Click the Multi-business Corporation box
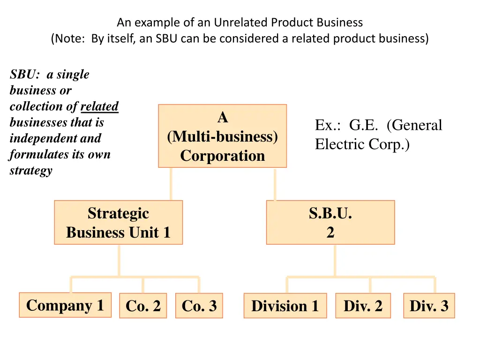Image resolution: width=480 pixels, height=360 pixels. [222, 136]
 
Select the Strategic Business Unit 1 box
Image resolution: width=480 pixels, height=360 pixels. [118, 223]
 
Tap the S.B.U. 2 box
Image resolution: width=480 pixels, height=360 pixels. [330, 223]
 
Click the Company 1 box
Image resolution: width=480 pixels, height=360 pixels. [65, 305]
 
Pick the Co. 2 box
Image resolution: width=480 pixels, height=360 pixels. [143, 306]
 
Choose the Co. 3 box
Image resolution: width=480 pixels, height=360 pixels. [199, 306]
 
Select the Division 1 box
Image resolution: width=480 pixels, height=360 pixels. [285, 306]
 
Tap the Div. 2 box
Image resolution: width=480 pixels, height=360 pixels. [363, 306]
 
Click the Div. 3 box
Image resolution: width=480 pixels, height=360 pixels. [429, 306]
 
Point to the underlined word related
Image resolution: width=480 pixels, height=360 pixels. [99, 106]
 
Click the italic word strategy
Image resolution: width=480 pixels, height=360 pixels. [31, 170]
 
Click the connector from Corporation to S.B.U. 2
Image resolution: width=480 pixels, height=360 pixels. [275, 184]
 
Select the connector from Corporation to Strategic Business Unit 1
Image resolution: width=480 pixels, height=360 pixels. [171, 184]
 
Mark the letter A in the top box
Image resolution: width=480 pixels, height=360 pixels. [223, 118]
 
